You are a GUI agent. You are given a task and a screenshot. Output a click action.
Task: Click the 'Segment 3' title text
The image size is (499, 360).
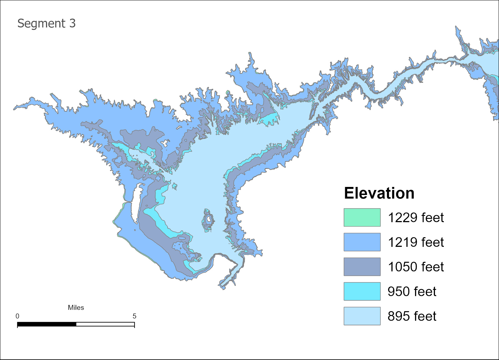point(46,23)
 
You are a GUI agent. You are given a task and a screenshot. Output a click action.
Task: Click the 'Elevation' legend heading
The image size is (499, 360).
point(379,193)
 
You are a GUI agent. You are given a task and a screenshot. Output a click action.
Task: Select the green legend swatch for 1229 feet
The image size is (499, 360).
point(362,217)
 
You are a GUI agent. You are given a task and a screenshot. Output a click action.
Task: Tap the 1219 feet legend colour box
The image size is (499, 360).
point(362,242)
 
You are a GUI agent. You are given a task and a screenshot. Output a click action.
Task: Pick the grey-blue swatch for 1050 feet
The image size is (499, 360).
point(362,267)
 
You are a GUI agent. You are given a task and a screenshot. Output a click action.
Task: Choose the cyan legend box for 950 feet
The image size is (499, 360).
point(362,291)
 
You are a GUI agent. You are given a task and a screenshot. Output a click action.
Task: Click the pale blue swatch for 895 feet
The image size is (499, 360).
point(362,316)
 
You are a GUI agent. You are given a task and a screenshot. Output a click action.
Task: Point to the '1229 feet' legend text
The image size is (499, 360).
point(416,217)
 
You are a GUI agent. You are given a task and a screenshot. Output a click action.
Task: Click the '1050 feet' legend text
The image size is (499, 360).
point(416,267)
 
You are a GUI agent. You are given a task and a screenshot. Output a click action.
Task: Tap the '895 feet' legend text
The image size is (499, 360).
point(412,316)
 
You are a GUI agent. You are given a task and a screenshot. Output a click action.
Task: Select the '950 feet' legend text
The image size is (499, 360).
point(412,291)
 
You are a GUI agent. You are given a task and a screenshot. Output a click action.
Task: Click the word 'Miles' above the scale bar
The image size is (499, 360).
point(76,308)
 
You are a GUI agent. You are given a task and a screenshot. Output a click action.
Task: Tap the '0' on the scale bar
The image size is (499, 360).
point(17,316)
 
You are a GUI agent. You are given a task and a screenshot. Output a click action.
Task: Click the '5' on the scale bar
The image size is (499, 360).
point(134,316)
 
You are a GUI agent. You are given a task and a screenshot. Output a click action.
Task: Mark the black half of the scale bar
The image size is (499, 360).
point(47,324)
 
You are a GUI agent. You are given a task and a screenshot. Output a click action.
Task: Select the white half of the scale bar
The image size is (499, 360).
point(105,324)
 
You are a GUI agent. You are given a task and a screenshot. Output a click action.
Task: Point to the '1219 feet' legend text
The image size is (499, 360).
point(416,242)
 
